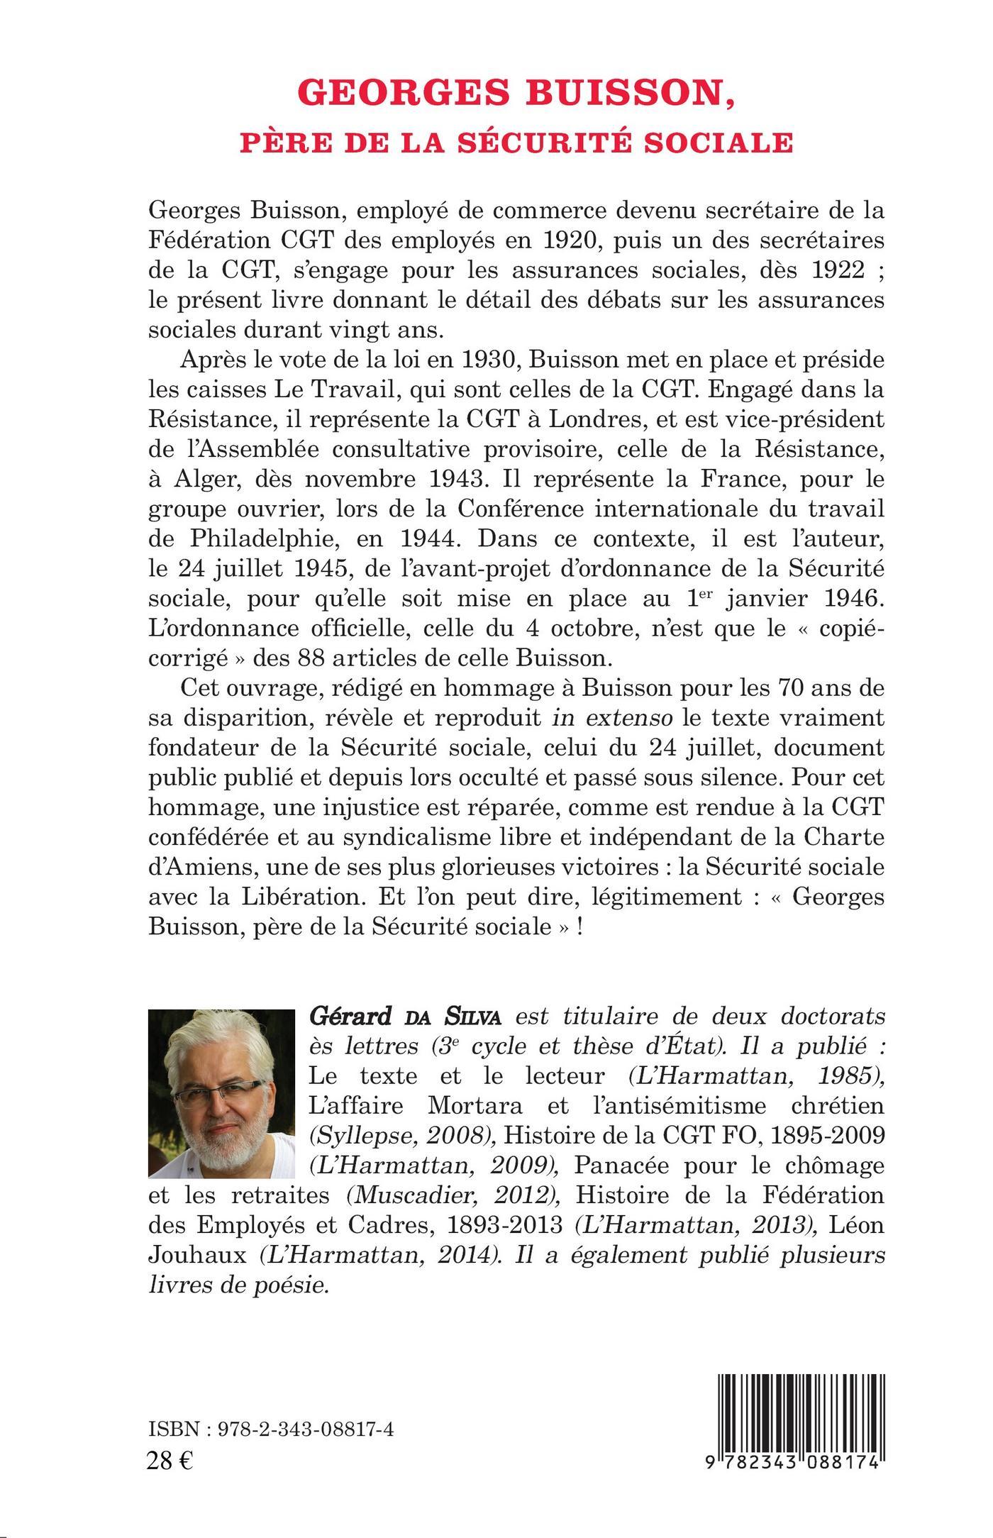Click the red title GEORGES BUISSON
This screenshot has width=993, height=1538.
click(516, 93)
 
